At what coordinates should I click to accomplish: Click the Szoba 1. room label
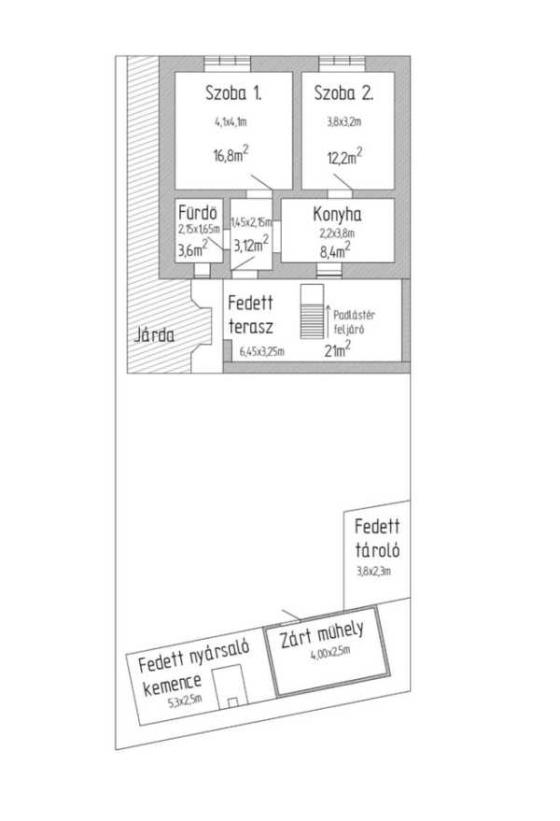click(x=233, y=92)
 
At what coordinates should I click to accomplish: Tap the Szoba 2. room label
click(x=344, y=92)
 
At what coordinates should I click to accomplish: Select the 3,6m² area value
click(x=194, y=249)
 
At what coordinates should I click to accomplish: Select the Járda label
click(x=154, y=334)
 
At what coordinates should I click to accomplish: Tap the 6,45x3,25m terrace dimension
click(x=261, y=351)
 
